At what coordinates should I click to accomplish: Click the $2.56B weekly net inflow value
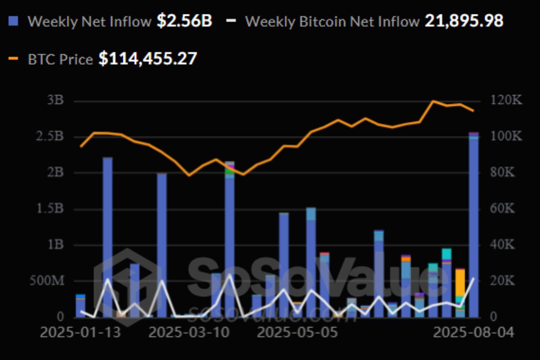tap(184, 21)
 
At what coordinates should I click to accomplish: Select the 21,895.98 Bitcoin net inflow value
tap(464, 21)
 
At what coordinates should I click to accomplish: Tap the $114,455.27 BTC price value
tap(148, 58)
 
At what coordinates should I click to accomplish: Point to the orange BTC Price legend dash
tap(13, 58)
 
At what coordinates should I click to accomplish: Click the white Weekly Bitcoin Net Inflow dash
tap(231, 21)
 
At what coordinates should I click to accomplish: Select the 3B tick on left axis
tap(56, 100)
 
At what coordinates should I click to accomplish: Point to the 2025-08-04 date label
tap(473, 333)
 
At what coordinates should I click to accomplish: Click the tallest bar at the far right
tap(473, 225)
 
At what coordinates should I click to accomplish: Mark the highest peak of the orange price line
tap(433, 101)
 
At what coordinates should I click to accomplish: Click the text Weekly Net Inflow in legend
tap(90, 21)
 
